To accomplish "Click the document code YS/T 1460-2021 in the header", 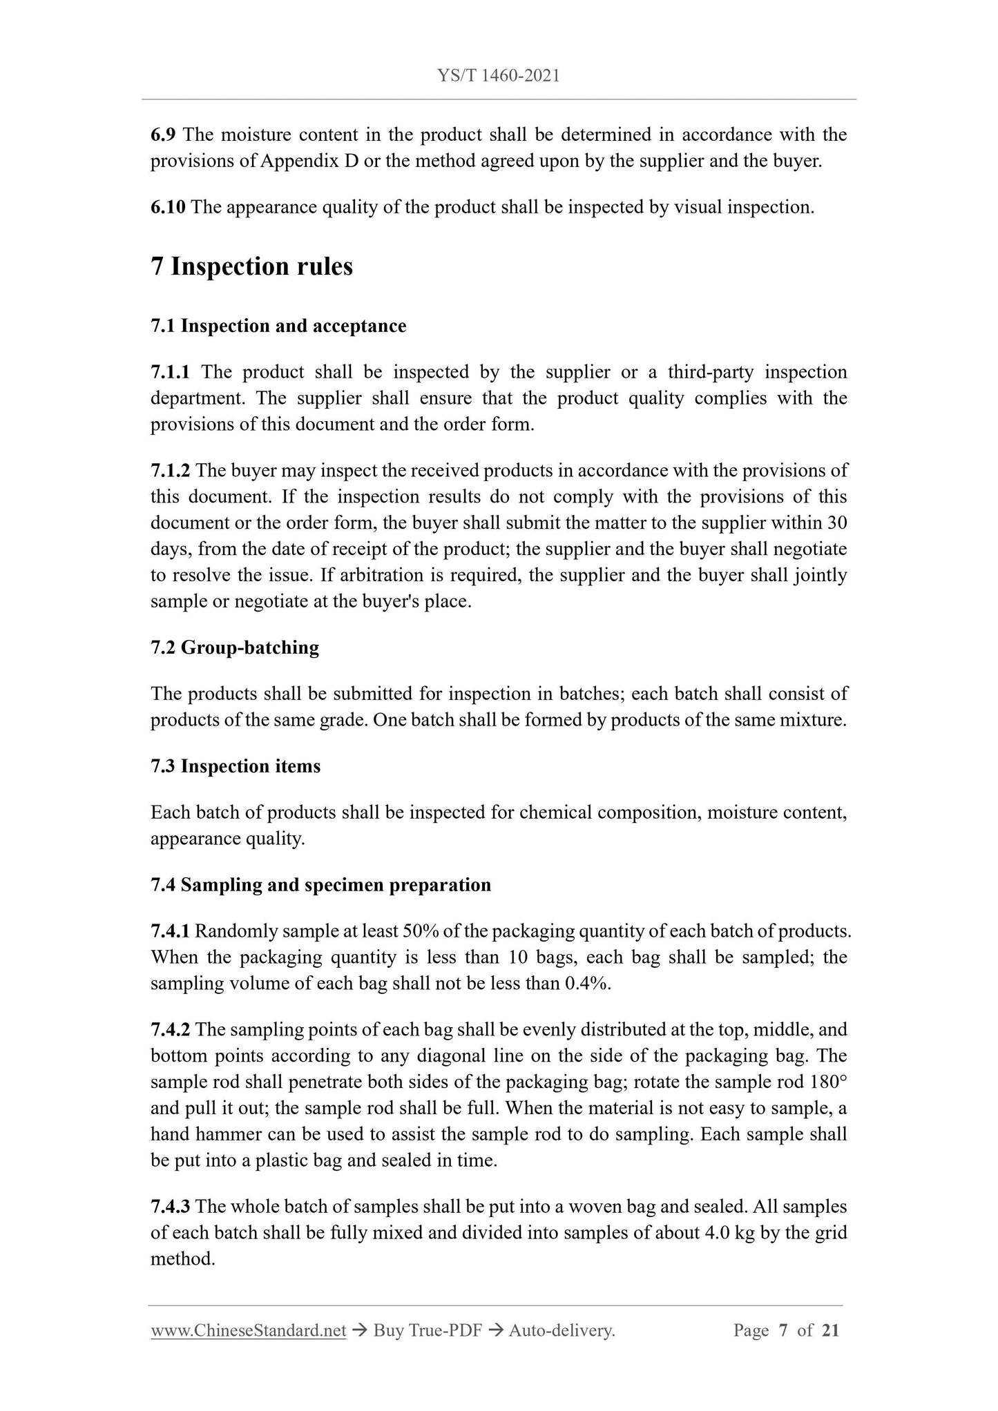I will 499,75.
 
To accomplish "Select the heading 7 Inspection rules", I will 251,266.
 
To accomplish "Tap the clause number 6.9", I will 164,135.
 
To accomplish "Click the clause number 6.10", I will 168,207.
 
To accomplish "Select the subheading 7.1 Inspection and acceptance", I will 278,326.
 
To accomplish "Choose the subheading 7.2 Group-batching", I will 235,648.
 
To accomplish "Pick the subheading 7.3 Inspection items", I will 236,766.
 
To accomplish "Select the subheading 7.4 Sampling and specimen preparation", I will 320,885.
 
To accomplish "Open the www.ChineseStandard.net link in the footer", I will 248,1331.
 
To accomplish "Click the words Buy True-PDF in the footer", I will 427,1331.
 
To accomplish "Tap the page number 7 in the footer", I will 783,1331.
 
